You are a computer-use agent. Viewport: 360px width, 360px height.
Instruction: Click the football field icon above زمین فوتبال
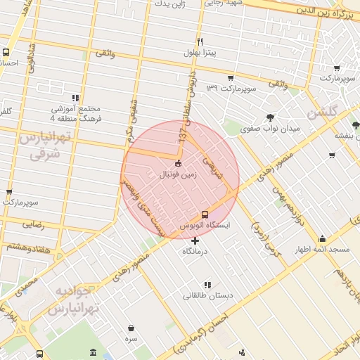pyautogui.click(x=178, y=164)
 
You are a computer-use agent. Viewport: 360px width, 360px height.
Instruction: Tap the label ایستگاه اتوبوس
pyautogui.click(x=205, y=226)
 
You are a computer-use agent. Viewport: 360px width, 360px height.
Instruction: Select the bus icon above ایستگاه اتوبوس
pyautogui.click(x=205, y=214)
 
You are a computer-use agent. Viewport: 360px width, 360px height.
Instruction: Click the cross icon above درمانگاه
pyautogui.click(x=195, y=240)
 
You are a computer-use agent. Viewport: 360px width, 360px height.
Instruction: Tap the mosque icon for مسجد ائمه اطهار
pyautogui.click(x=322, y=238)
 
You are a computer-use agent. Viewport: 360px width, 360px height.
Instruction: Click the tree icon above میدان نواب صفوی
pyautogui.click(x=270, y=118)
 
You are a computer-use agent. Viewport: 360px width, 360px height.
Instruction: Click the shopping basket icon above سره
pyautogui.click(x=131, y=328)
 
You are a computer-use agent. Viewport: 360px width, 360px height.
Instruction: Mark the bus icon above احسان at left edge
pyautogui.click(x=6, y=52)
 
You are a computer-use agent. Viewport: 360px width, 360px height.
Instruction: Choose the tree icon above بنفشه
pyautogui.click(x=356, y=124)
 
